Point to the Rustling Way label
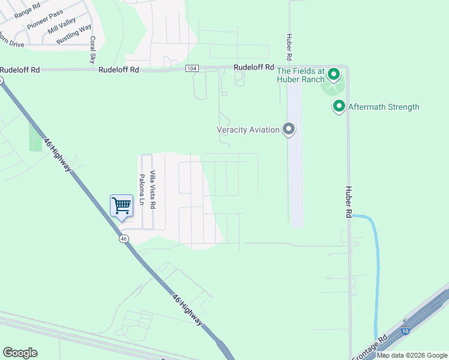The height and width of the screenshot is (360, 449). (x=74, y=34)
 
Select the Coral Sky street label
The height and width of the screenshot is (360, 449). (x=92, y=50)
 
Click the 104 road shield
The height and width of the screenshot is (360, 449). (x=191, y=68)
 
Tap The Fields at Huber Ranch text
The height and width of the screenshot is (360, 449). (x=300, y=74)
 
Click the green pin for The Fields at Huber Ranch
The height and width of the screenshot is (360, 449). (x=333, y=76)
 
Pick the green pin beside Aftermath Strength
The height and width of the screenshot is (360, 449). (x=339, y=107)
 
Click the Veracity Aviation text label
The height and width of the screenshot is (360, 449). (x=248, y=130)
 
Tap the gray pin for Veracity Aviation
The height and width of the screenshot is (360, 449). (x=289, y=129)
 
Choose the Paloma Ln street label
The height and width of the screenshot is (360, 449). (x=142, y=190)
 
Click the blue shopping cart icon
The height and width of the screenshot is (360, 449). (x=121, y=206)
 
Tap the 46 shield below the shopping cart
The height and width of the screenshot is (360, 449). (x=123, y=238)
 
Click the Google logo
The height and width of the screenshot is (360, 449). (x=20, y=353)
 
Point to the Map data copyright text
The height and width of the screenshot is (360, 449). (x=412, y=355)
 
